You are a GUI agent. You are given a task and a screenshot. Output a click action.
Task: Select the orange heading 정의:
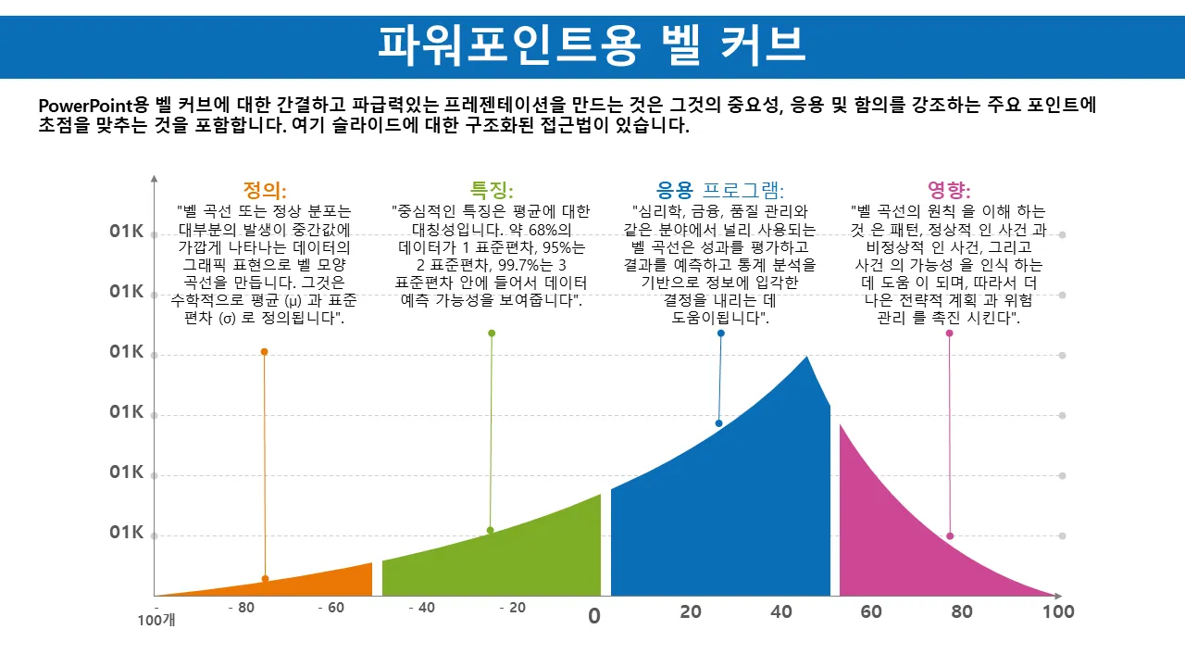(x=265, y=191)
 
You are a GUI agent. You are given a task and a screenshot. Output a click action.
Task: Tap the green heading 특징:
(x=492, y=191)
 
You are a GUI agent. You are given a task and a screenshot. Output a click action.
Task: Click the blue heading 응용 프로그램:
(x=719, y=191)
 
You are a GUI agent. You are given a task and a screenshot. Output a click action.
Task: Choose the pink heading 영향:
(x=949, y=191)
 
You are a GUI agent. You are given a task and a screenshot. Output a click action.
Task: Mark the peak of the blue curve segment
(x=806, y=358)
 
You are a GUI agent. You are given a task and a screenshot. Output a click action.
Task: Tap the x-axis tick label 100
(x=1057, y=611)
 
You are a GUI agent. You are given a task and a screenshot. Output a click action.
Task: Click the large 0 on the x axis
(x=594, y=616)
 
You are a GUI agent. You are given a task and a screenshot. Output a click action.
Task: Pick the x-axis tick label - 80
(x=241, y=609)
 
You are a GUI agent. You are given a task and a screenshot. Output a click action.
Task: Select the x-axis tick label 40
(x=781, y=611)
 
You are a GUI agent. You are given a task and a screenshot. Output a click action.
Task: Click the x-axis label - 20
(x=512, y=609)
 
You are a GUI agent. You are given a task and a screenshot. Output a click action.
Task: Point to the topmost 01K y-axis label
(x=126, y=232)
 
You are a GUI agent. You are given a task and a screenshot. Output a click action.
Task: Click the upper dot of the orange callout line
(x=264, y=352)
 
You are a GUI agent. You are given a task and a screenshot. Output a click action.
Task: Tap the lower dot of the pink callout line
(x=950, y=536)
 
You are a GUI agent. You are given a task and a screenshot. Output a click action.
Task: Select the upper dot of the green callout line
(x=492, y=333)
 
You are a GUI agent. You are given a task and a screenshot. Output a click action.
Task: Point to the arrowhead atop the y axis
(x=155, y=178)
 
